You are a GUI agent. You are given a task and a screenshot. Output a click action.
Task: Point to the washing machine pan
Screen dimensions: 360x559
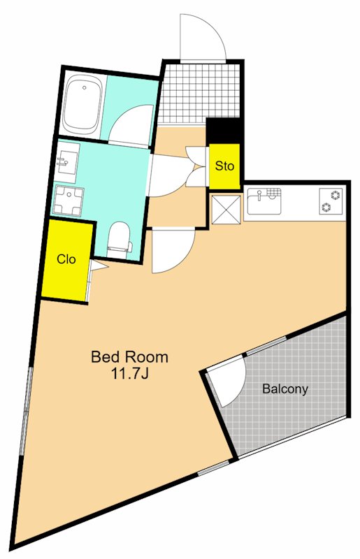coord(69,201)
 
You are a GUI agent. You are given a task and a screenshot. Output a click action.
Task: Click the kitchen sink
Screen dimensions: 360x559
coord(264,201)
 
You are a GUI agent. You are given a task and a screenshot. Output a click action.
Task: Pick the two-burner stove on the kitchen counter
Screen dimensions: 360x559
coord(331,201)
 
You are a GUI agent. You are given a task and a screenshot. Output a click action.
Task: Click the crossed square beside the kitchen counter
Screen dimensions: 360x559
coord(226,209)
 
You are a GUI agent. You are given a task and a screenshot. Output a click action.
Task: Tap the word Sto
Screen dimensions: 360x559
coord(224,166)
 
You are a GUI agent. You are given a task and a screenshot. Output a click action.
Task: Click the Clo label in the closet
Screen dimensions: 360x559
coord(66,259)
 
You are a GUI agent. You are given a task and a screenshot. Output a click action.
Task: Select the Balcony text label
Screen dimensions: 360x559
coord(285,389)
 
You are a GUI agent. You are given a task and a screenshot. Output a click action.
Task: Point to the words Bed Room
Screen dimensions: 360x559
coord(129,356)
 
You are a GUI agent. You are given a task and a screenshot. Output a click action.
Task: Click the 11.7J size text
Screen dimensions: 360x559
coord(130,374)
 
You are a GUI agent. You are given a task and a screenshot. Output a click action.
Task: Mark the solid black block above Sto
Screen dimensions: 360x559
coord(224,131)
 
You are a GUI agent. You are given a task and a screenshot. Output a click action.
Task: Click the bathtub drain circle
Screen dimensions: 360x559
coord(85,87)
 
